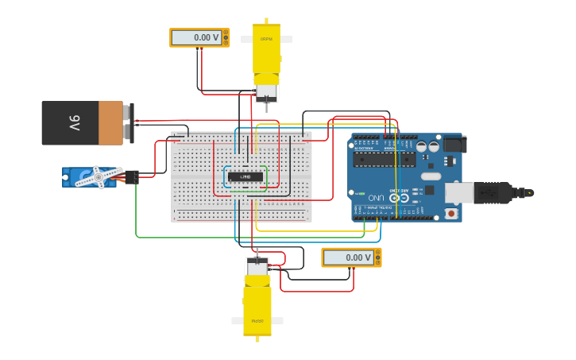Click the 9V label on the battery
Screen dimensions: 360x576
73,123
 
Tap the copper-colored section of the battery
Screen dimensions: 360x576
110,123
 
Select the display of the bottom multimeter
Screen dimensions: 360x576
347,257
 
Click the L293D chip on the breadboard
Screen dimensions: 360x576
245,176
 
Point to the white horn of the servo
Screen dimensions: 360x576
99,176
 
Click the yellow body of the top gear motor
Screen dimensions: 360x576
266,49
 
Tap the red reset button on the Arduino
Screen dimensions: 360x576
451,213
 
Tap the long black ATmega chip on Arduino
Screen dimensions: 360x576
385,159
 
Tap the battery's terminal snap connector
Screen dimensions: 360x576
129,123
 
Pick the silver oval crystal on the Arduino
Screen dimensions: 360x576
431,176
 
